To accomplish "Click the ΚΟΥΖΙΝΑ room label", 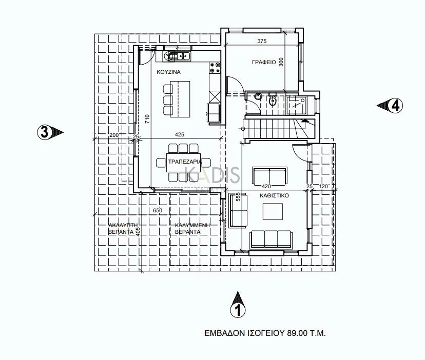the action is click(168, 72).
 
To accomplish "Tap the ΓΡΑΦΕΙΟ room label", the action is click(264, 62).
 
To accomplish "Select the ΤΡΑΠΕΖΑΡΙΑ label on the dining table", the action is click(185, 162).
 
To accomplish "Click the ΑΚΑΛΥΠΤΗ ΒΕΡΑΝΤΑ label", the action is click(123, 229).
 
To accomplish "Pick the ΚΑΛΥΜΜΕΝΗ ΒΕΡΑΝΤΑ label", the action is click(192, 229).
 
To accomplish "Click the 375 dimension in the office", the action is click(262, 41).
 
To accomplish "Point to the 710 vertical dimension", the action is click(147, 119).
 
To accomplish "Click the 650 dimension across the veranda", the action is click(158, 210).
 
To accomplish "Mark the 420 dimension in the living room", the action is click(266, 186).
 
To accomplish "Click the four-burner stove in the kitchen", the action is click(215, 68).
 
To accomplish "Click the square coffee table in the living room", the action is click(273, 212).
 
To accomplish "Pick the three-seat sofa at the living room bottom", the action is click(272, 239).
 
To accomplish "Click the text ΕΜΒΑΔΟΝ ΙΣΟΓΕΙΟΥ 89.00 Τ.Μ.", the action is click(265, 333).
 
